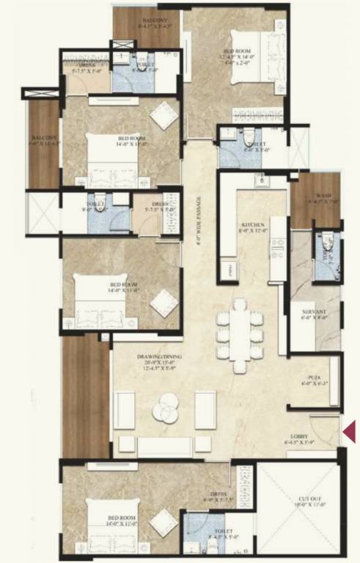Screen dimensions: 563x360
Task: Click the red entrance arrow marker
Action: (350, 430)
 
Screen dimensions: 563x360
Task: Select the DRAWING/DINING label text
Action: (159, 357)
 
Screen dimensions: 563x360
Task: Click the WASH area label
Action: (323, 196)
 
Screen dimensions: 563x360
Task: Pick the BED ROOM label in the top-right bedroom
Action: (237, 51)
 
